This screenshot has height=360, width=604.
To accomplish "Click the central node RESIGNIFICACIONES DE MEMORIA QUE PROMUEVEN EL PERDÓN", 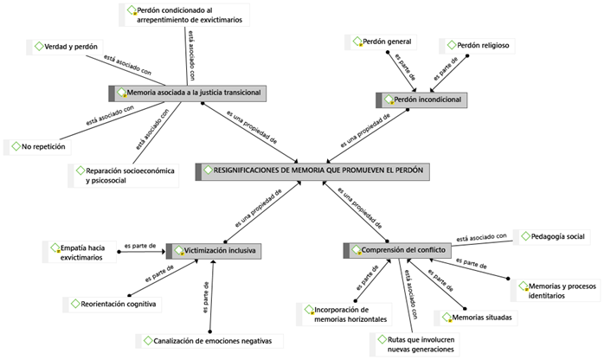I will click(313, 170).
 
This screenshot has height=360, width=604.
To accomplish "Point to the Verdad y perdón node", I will click(61, 46).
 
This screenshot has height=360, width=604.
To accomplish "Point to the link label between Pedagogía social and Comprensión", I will click(482, 237).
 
